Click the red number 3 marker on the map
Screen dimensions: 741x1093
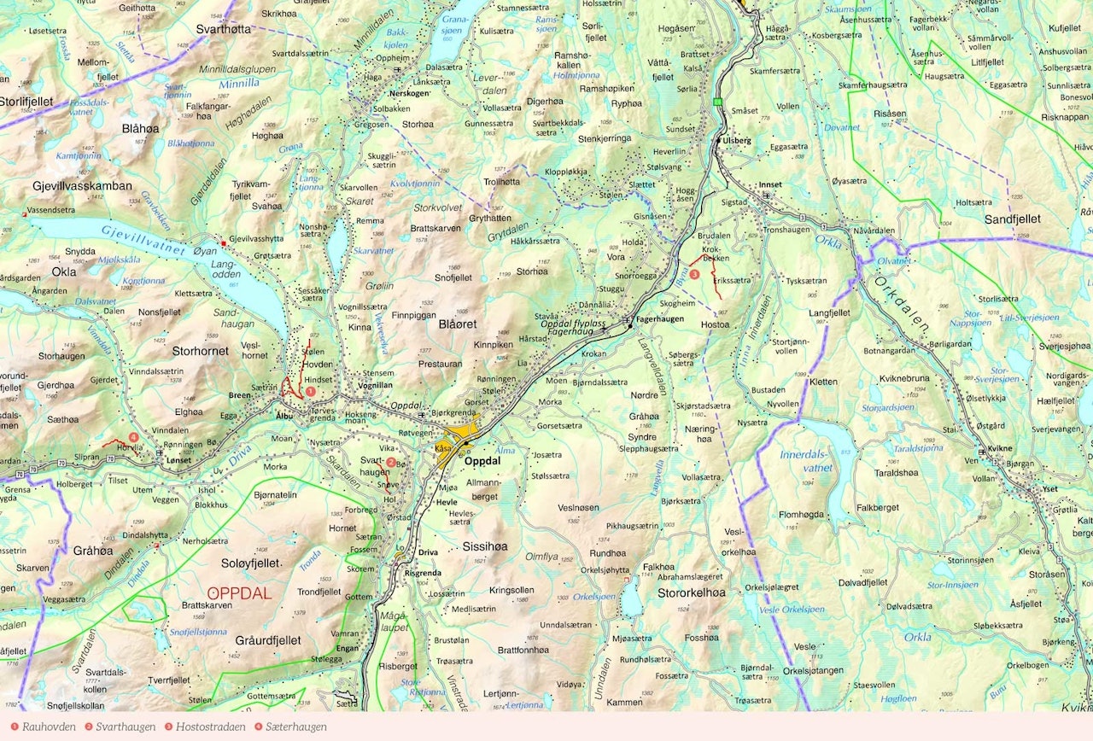[x=694, y=275]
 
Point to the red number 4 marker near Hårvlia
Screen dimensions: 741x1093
[x=133, y=437]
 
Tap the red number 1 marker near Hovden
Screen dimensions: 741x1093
[x=311, y=390]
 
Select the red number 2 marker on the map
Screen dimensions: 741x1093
[x=390, y=462]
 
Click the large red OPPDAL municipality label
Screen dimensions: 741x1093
[x=239, y=593]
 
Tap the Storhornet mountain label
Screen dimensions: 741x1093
[x=200, y=350]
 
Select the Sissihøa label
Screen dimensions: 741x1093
[x=484, y=546]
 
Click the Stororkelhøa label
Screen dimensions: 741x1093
[x=692, y=592]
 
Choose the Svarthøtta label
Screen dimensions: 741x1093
[x=223, y=28]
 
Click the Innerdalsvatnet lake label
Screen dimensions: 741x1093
[x=806, y=460]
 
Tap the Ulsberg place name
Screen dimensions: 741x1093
[x=736, y=140]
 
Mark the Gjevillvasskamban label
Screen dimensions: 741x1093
[x=82, y=185]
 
